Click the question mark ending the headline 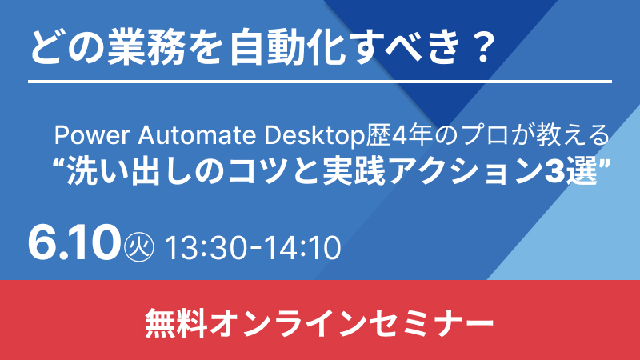click(484, 48)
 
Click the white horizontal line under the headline click(320, 82)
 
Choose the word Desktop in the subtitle click(314, 136)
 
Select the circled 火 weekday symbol click(138, 246)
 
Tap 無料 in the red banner click(175, 323)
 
